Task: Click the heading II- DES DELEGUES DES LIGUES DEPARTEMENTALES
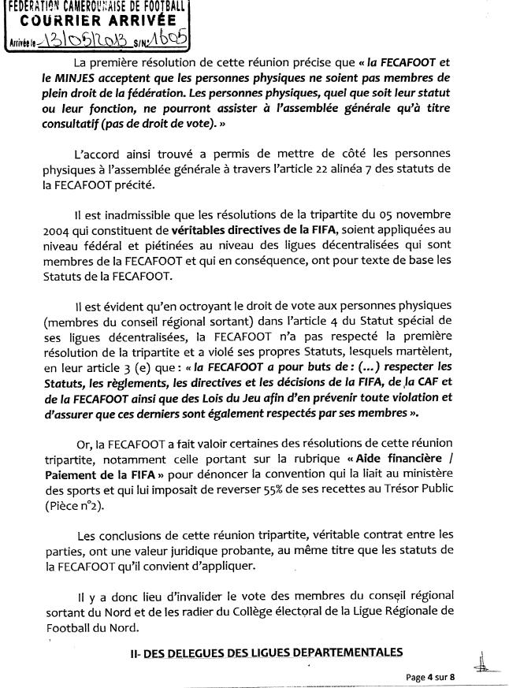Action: pyautogui.click(x=266, y=651)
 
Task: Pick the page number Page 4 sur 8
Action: pyautogui.click(x=433, y=676)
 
